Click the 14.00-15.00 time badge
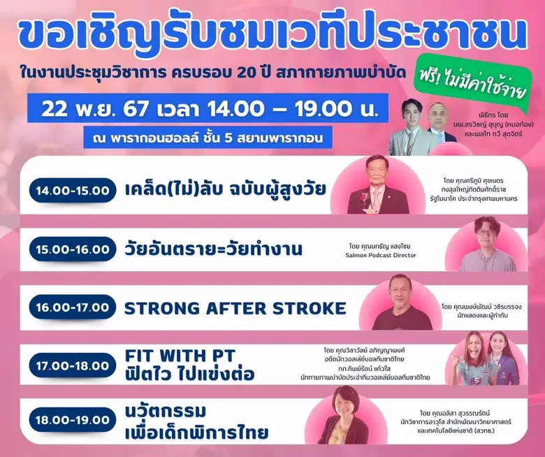(x=73, y=190)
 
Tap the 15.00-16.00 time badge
(x=73, y=249)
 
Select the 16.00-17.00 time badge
(x=73, y=307)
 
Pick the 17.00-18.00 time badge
(x=73, y=366)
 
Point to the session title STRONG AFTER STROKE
(x=235, y=308)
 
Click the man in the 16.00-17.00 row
(x=402, y=302)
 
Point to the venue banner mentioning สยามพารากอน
(x=206, y=136)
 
